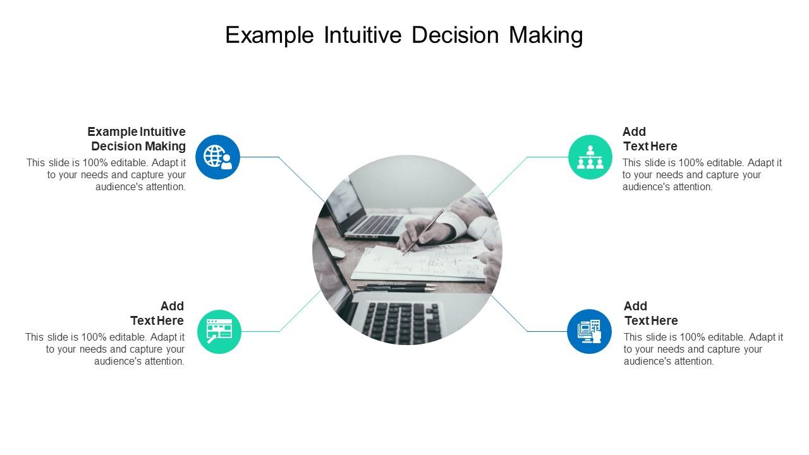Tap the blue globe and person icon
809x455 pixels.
click(217, 157)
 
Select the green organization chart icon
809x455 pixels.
click(590, 157)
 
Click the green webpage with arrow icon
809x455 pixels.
click(219, 331)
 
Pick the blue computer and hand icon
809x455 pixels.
click(589, 331)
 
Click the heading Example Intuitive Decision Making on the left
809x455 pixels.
click(137, 139)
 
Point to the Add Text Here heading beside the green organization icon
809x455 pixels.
click(649, 139)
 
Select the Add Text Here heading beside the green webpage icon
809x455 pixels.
click(157, 313)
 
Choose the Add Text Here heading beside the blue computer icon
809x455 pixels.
click(650, 313)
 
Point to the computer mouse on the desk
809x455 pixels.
click(336, 253)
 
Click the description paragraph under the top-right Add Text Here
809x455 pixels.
click(702, 175)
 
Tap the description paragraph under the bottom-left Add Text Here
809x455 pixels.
click(106, 349)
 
